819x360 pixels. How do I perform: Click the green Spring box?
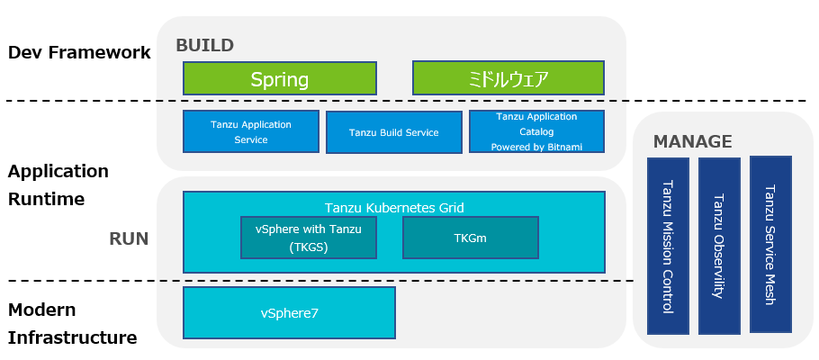pyautogui.click(x=280, y=78)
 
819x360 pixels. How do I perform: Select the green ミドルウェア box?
pyautogui.click(x=508, y=78)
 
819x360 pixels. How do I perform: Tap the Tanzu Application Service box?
pyautogui.click(x=251, y=132)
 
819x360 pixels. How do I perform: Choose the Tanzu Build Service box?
pyautogui.click(x=394, y=132)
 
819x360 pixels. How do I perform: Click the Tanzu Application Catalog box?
pyautogui.click(x=536, y=132)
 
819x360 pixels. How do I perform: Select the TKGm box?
pyautogui.click(x=469, y=237)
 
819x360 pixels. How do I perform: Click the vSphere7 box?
pyautogui.click(x=289, y=312)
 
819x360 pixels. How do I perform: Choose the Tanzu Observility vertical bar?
pyautogui.click(x=718, y=245)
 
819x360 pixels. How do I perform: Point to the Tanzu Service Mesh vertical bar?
pyautogui.click(x=769, y=244)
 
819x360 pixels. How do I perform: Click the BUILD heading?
pyautogui.click(x=204, y=45)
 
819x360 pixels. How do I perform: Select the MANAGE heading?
pyautogui.click(x=692, y=142)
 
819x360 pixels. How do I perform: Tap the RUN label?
pyautogui.click(x=129, y=239)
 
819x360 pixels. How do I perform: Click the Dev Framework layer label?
pyautogui.click(x=79, y=53)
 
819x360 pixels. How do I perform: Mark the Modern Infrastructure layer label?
pyautogui.click(x=72, y=323)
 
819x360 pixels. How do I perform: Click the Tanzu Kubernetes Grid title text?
pyautogui.click(x=394, y=207)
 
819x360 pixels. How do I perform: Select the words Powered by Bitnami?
pyautogui.click(x=536, y=146)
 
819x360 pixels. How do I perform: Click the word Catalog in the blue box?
pyautogui.click(x=536, y=131)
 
